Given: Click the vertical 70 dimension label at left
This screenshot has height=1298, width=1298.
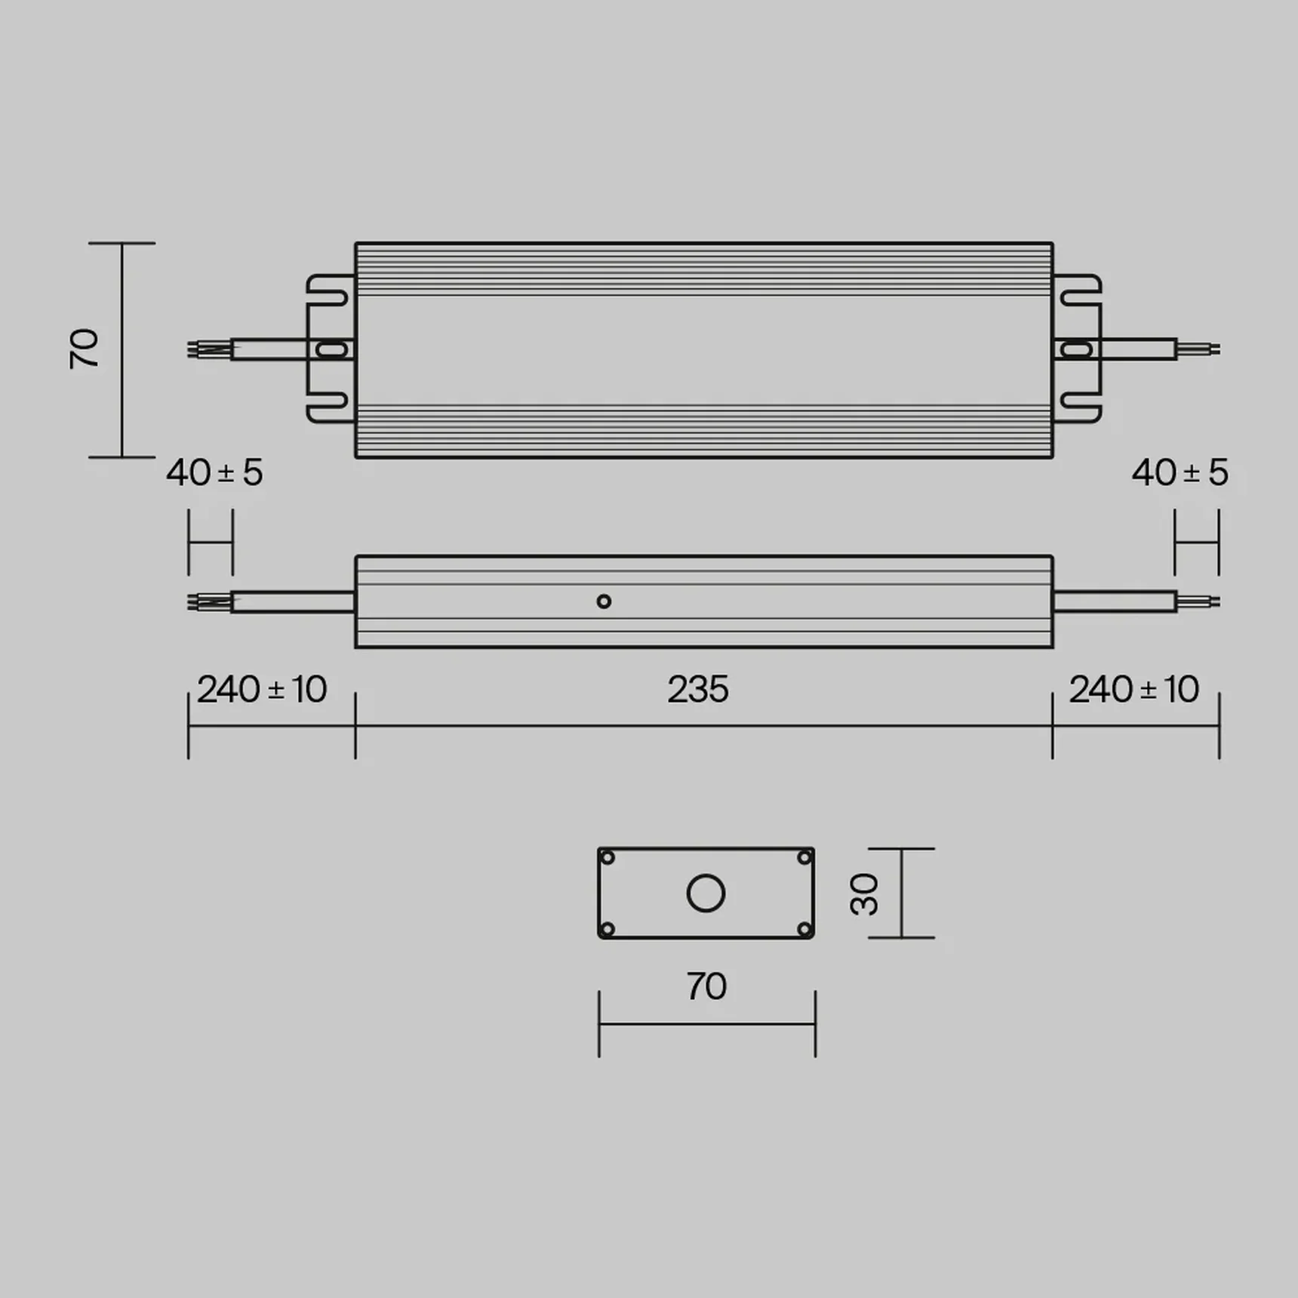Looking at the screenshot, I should point(84,349).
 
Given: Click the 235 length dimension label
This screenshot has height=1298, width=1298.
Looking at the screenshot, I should point(698,690).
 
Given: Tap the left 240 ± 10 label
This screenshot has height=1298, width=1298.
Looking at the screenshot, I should point(262,690).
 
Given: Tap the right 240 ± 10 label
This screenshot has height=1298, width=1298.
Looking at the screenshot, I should point(1133,690).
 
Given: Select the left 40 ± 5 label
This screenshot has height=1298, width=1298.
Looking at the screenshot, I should point(214,473).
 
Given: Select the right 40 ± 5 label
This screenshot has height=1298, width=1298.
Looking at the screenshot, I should point(1180,473).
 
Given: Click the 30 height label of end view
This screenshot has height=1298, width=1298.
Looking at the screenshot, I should point(865,894).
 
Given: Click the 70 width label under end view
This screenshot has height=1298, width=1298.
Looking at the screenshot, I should point(706,986).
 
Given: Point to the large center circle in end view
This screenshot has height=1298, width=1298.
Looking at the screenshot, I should point(706,894).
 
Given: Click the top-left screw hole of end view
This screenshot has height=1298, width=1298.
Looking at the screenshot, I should point(607,858).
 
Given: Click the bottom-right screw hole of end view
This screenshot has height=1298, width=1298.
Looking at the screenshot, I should point(804,929).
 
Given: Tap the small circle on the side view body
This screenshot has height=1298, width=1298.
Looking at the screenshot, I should point(604,601).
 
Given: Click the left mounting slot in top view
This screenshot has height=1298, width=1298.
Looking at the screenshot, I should point(331,349).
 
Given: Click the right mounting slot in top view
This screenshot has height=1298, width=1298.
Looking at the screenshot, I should point(1076,349).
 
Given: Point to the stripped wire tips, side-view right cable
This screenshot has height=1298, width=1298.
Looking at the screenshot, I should point(1199,602).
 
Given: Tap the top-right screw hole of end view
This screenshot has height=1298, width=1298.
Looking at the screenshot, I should point(804,858).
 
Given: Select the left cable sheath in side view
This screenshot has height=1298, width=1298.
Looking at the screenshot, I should point(293,602).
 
